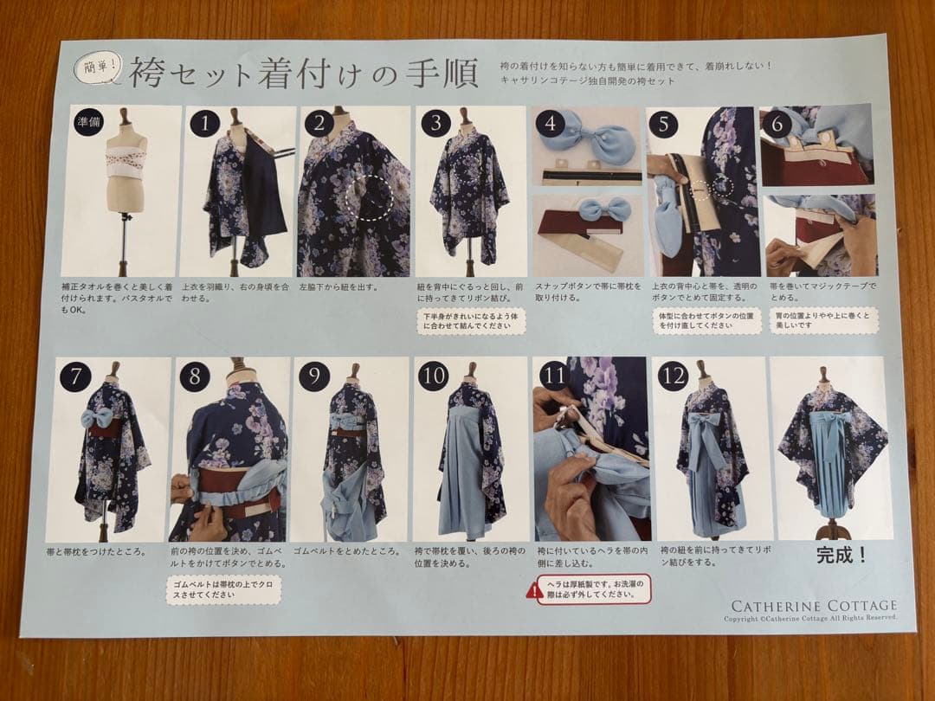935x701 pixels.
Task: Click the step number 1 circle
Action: pyautogui.click(x=204, y=124)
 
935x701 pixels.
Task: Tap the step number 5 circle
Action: pyautogui.click(x=663, y=124)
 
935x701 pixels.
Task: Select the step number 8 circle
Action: pyautogui.click(x=196, y=376)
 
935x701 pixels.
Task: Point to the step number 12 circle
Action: pyautogui.click(x=673, y=376)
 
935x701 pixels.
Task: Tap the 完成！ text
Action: pyautogui.click(x=841, y=556)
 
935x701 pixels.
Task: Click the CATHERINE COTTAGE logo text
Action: pyautogui.click(x=814, y=606)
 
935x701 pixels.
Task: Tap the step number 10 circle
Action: pyautogui.click(x=432, y=376)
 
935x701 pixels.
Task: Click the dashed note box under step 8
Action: pyautogui.click(x=224, y=591)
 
